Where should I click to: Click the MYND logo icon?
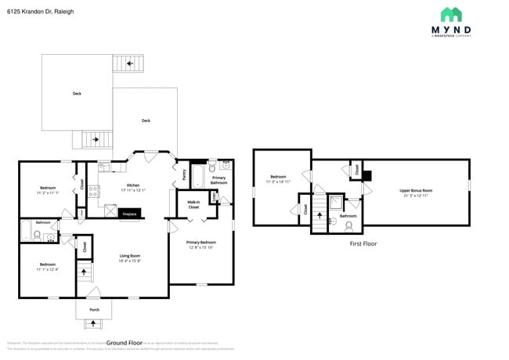451,14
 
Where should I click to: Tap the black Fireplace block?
109,212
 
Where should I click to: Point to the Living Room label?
129,256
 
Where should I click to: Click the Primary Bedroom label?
200,243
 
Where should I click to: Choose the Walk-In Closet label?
193,204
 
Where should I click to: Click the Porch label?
94,310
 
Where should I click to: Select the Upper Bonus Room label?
416,190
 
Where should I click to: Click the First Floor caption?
363,244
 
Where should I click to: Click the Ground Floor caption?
124,343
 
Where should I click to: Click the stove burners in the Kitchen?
93,190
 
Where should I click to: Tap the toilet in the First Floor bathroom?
348,226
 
